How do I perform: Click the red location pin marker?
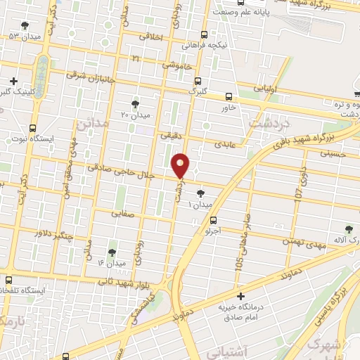(181, 165)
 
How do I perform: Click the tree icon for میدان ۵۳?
(25, 25)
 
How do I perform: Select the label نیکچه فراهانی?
(205, 45)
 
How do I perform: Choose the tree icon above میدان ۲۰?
(135, 104)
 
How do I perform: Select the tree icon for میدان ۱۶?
(112, 252)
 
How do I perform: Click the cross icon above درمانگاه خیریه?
(240, 296)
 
